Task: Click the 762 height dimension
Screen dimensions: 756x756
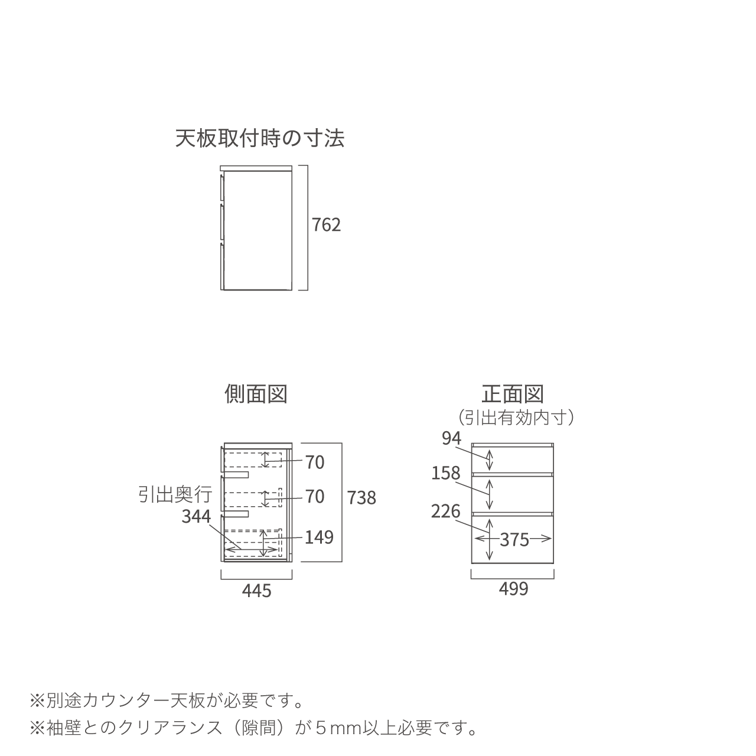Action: pyautogui.click(x=326, y=225)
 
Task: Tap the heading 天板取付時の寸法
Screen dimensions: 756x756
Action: pyautogui.click(x=260, y=138)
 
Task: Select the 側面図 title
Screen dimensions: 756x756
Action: pyautogui.click(x=256, y=393)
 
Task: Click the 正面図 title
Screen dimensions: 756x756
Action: pyautogui.click(x=513, y=393)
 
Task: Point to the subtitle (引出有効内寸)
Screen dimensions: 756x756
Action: pyautogui.click(x=516, y=418)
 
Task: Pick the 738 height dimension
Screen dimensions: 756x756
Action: pyautogui.click(x=361, y=498)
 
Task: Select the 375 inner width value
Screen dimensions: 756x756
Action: pyautogui.click(x=514, y=540)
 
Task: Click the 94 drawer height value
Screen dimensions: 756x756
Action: pyautogui.click(x=452, y=438)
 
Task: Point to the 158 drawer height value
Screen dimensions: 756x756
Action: pyautogui.click(x=446, y=473)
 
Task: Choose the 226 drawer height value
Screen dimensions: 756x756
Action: pyautogui.click(x=446, y=511)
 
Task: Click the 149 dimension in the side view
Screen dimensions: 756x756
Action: pyautogui.click(x=319, y=537)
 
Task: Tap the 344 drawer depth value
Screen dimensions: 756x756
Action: pyautogui.click(x=196, y=516)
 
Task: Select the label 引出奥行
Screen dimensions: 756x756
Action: pyautogui.click(x=175, y=494)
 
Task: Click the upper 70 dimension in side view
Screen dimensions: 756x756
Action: pyautogui.click(x=315, y=462)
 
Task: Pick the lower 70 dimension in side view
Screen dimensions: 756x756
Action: pyautogui.click(x=315, y=497)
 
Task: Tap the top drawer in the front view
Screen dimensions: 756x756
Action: pyautogui.click(x=513, y=460)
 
